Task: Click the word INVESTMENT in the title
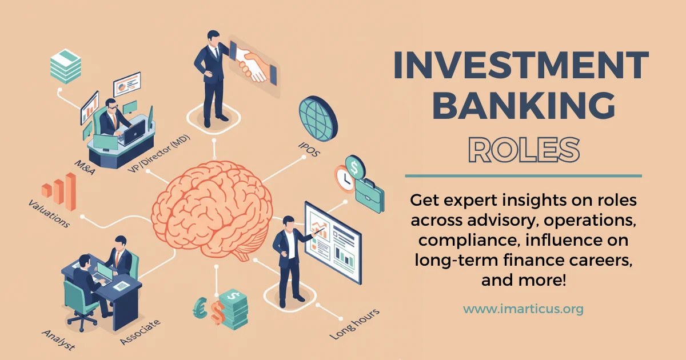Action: pos(521,66)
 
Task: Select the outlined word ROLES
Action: pos(521,149)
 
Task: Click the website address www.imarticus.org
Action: pos(523,309)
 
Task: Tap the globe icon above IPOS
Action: pos(318,119)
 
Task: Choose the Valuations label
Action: pos(48,213)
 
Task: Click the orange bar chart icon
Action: pos(59,191)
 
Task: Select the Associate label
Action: pos(140,332)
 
